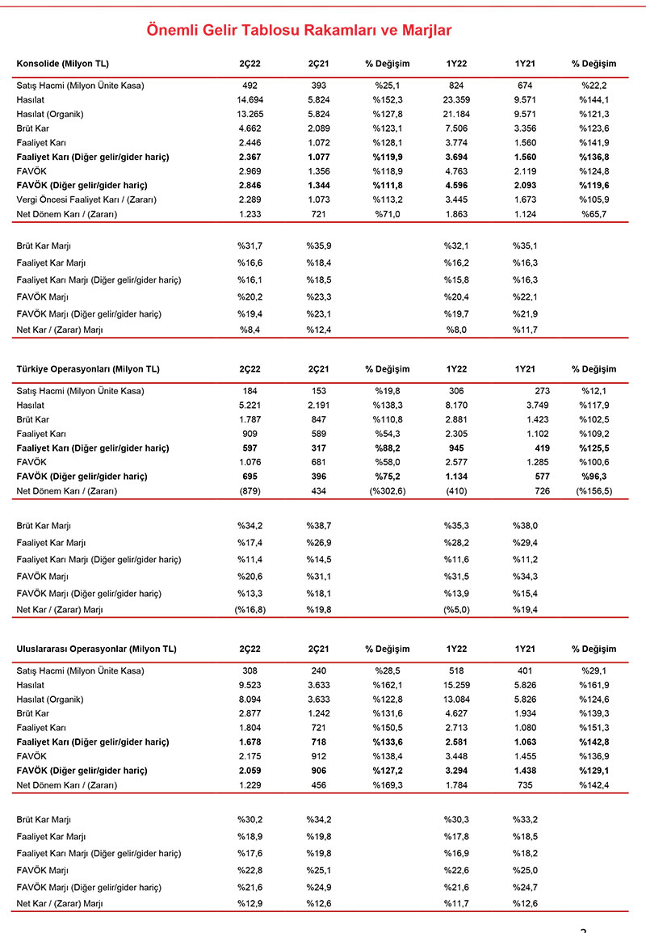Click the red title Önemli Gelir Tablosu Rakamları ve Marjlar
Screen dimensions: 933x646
tap(299, 31)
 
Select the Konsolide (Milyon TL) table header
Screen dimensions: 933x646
tap(62, 63)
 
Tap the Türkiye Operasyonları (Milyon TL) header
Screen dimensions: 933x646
tap(88, 369)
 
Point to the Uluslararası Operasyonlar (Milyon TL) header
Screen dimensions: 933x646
tap(96, 649)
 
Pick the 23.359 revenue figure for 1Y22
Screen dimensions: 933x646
tap(456, 99)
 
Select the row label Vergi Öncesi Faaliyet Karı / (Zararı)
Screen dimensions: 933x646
tap(86, 200)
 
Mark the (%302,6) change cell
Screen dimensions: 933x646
tap(387, 491)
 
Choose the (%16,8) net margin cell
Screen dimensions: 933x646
tap(250, 609)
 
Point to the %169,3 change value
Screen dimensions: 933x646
tap(387, 785)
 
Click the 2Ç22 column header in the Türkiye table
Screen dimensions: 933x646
tap(250, 369)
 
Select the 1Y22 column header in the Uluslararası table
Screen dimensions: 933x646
tap(456, 649)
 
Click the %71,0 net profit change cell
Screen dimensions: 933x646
tap(387, 214)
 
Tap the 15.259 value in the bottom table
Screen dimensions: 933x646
tap(456, 684)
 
